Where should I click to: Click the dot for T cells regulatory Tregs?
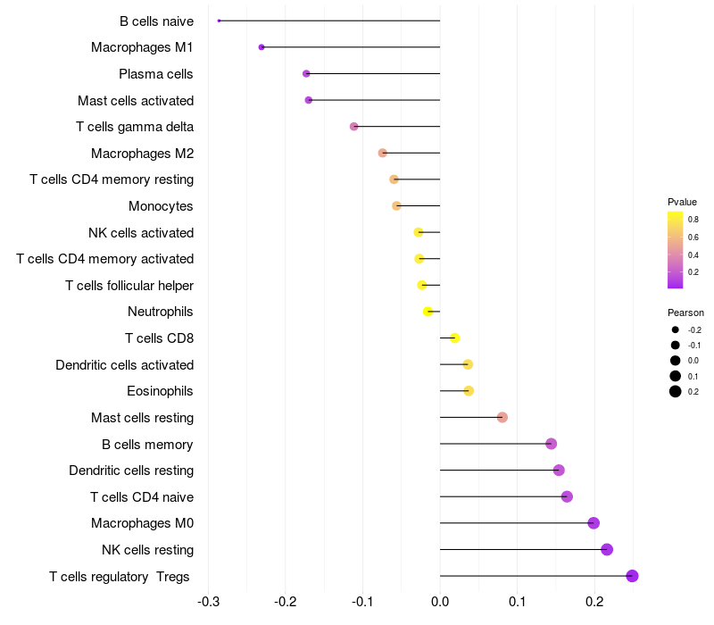632,576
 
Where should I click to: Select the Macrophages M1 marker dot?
262,47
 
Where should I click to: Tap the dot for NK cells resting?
607,549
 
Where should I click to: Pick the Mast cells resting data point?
502,417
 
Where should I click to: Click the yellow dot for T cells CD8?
454,338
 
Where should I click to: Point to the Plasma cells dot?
306,73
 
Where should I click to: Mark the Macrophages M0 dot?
594,523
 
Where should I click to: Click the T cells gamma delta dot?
354,127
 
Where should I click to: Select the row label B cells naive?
156,21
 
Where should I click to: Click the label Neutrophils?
161,312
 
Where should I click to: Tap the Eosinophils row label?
161,391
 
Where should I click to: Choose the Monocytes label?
161,206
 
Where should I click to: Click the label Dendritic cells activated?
124,364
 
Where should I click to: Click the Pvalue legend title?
682,202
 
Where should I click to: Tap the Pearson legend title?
685,312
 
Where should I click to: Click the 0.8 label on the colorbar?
693,219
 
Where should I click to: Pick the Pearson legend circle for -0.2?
676,329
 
